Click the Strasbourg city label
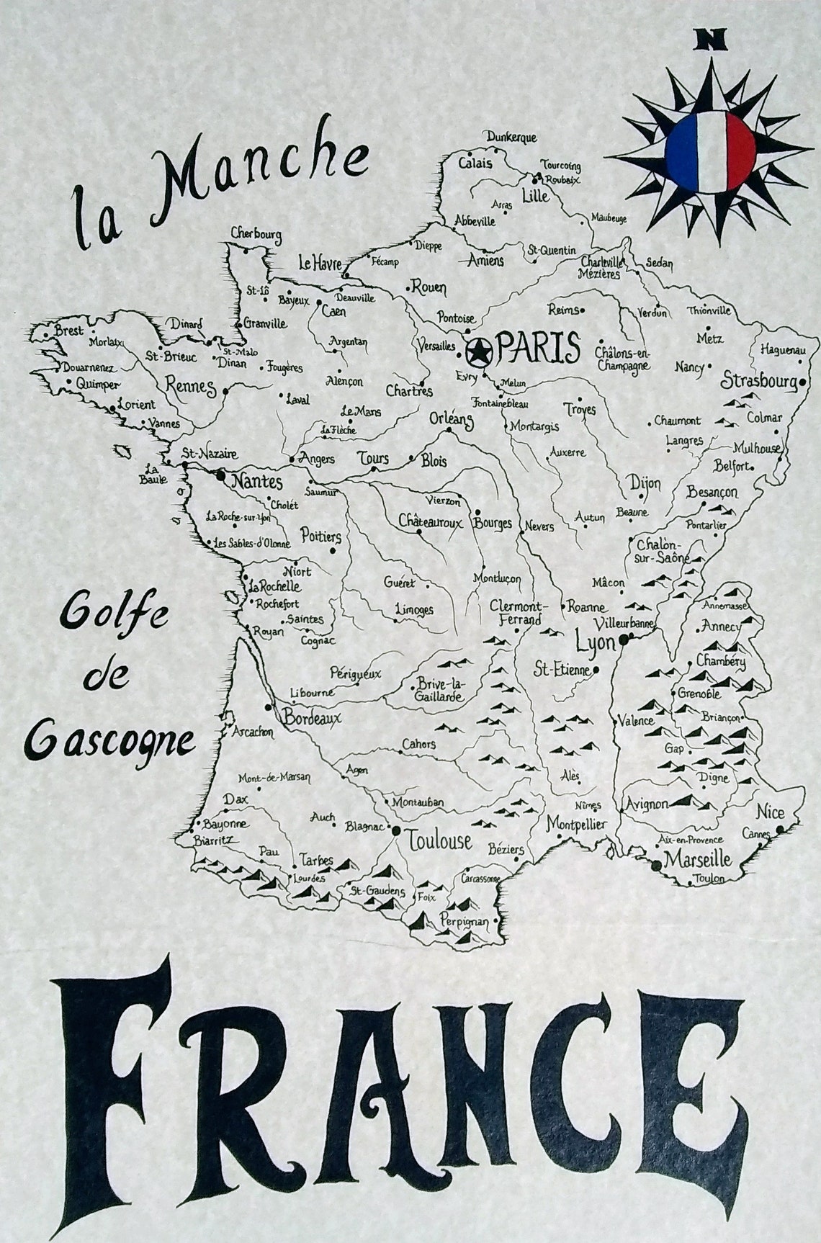[759, 380]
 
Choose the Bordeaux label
[311, 718]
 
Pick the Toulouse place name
[439, 840]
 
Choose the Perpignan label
[464, 921]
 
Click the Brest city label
[68, 331]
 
